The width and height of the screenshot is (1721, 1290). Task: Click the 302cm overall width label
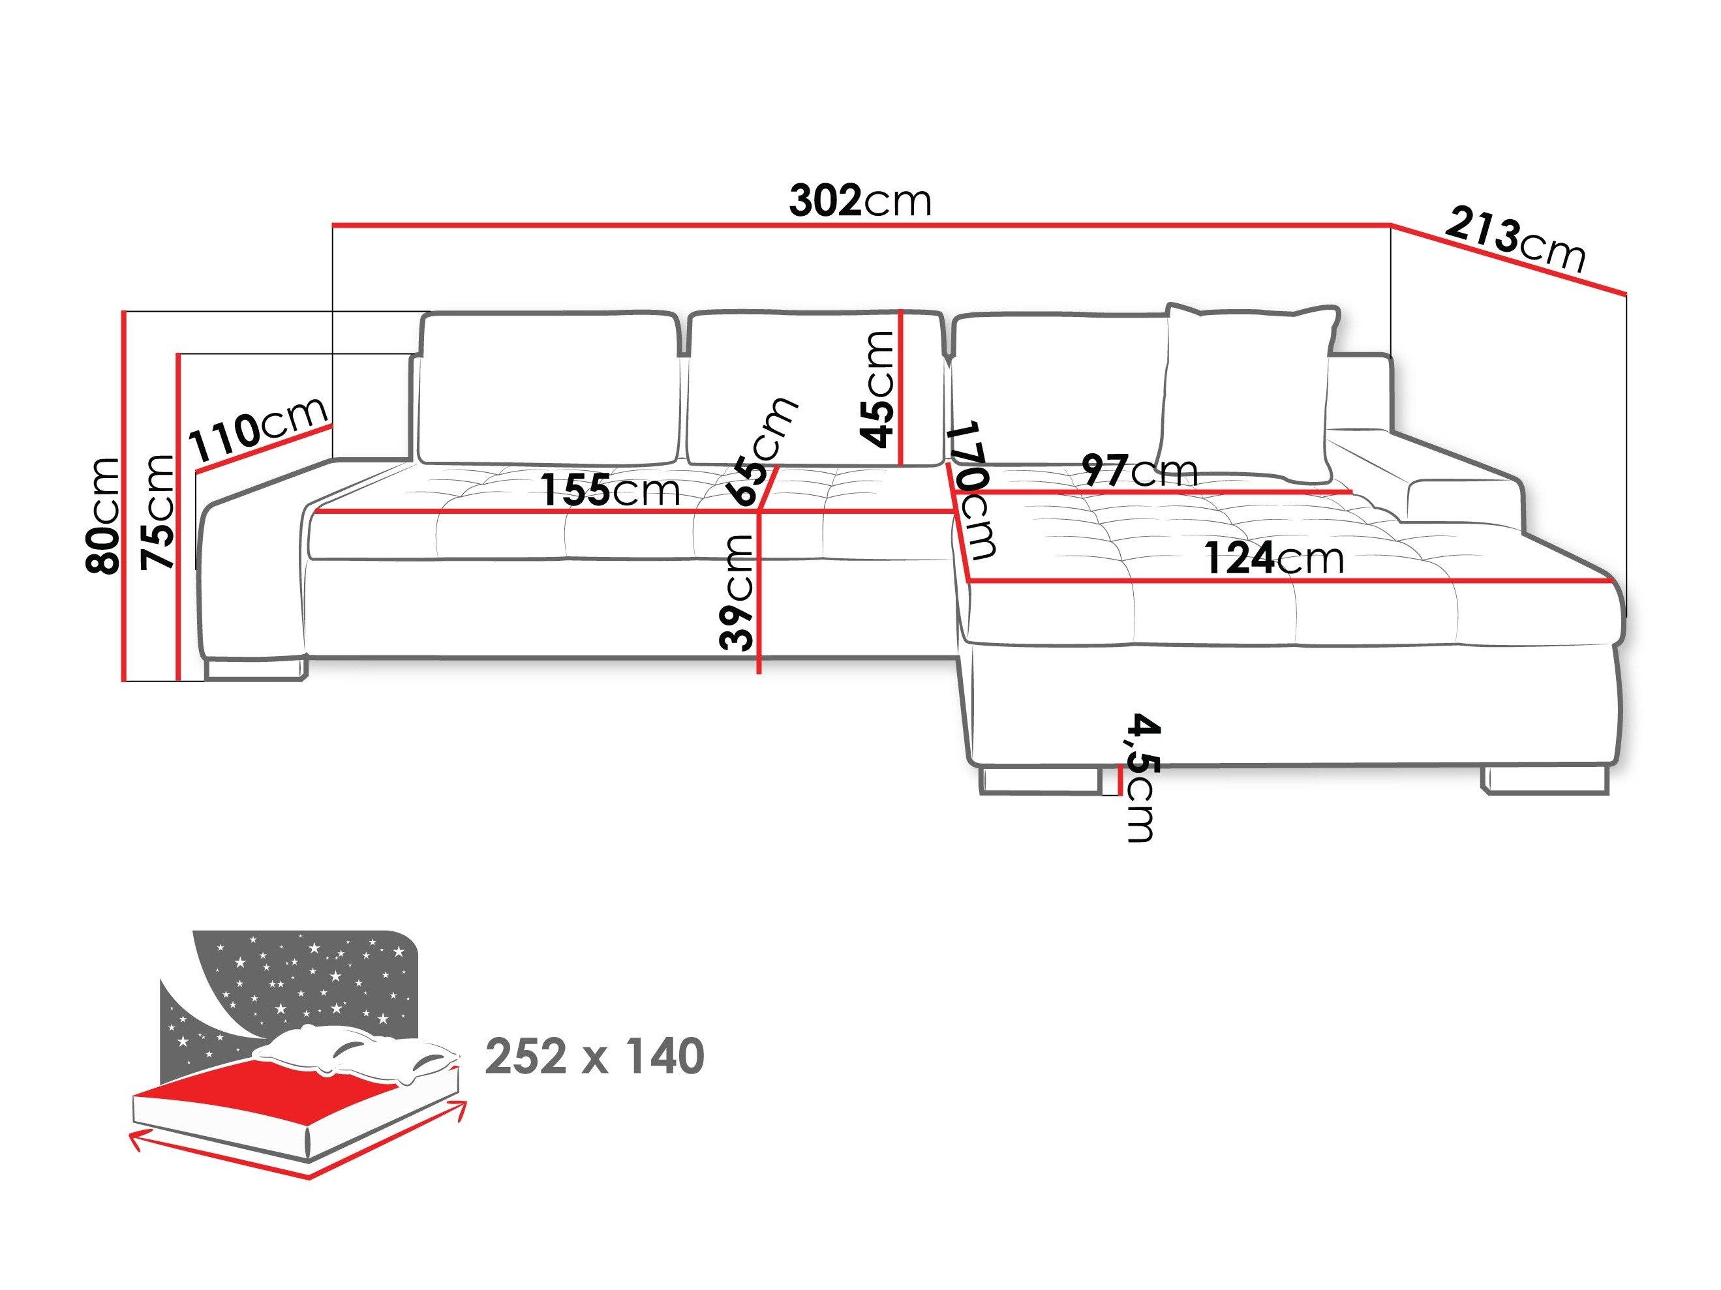(x=860, y=201)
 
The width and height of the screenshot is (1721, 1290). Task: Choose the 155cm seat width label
(x=610, y=490)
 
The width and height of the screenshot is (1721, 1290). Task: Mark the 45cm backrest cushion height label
(x=877, y=389)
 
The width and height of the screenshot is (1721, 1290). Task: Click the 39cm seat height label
(x=736, y=593)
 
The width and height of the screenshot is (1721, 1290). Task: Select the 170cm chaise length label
(x=974, y=490)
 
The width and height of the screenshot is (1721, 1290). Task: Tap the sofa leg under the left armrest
(x=256, y=668)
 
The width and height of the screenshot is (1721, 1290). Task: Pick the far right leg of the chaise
(x=1544, y=780)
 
